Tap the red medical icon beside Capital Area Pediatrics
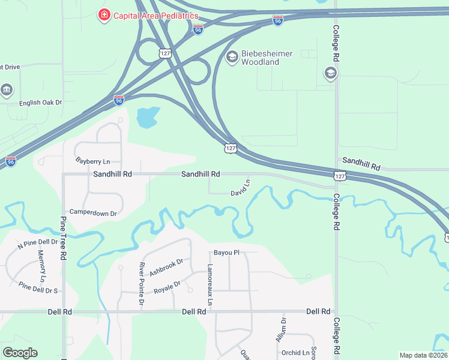[104, 14]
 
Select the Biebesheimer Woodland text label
[267, 58]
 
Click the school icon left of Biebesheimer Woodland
[231, 58]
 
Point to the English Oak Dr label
[41, 103]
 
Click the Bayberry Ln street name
[93, 161]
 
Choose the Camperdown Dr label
[93, 212]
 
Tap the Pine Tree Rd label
[62, 236]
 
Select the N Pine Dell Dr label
[37, 243]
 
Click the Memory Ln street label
[42, 267]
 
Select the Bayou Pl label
[226, 253]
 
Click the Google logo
[20, 352]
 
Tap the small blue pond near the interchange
[148, 117]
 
